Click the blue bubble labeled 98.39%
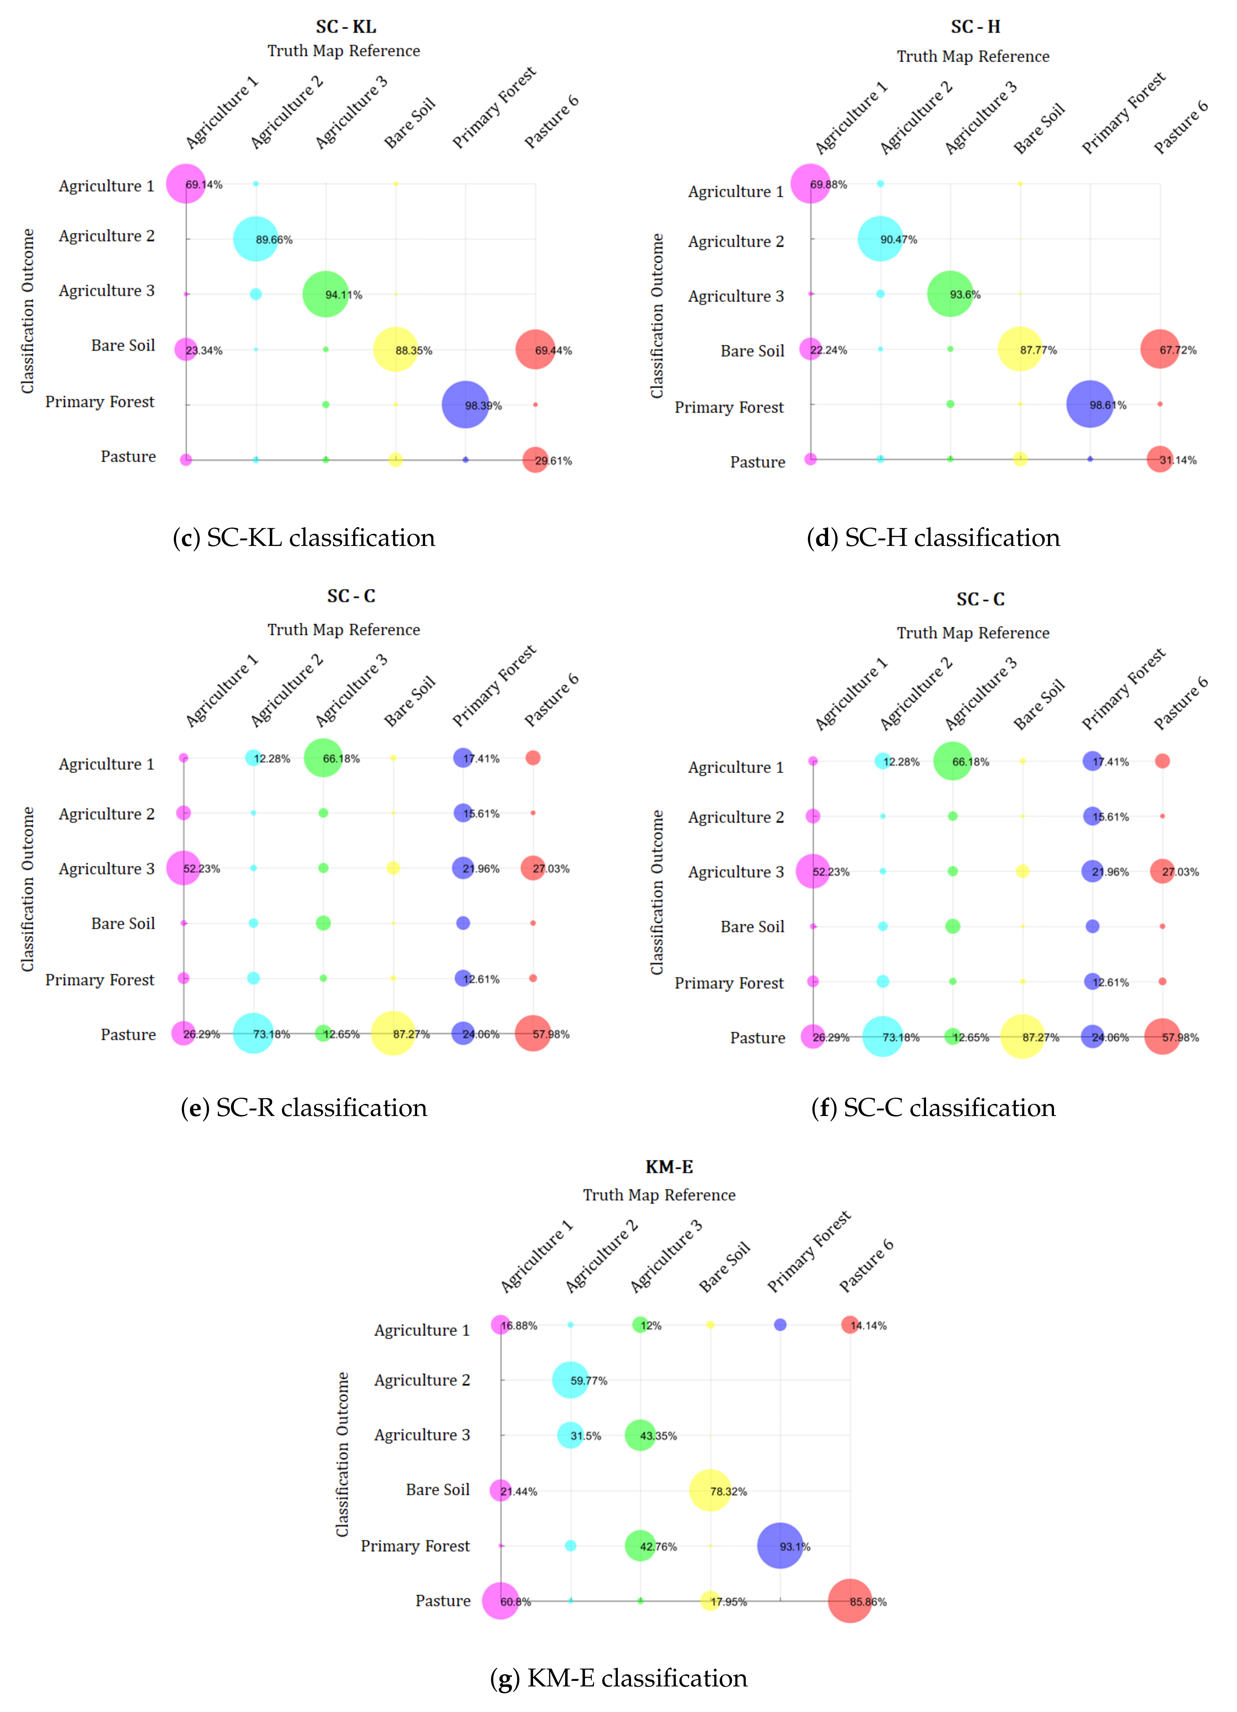pos(465,404)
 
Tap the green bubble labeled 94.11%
pos(326,294)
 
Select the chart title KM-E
pos(669,1167)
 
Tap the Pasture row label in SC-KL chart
pos(128,457)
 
